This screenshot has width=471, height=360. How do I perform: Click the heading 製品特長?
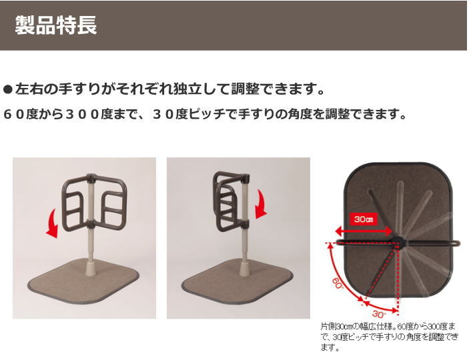[56, 25]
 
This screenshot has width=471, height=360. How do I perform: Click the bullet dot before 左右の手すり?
[8, 89]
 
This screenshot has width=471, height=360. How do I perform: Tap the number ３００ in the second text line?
[82, 114]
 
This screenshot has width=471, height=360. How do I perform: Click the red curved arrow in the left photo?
[51, 223]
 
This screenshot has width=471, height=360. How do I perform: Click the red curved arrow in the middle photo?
[261, 204]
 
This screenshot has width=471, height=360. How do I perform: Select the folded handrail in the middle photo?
[225, 200]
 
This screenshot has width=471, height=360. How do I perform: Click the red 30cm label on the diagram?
[364, 219]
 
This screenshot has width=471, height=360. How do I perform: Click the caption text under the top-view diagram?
[389, 337]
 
